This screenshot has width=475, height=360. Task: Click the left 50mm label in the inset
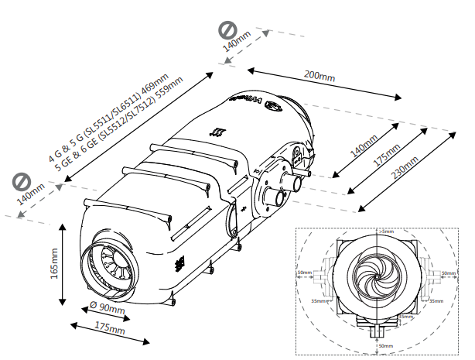click(307, 273)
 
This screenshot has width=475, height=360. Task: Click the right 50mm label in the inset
click(448, 273)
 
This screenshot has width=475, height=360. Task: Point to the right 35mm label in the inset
click(436, 301)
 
